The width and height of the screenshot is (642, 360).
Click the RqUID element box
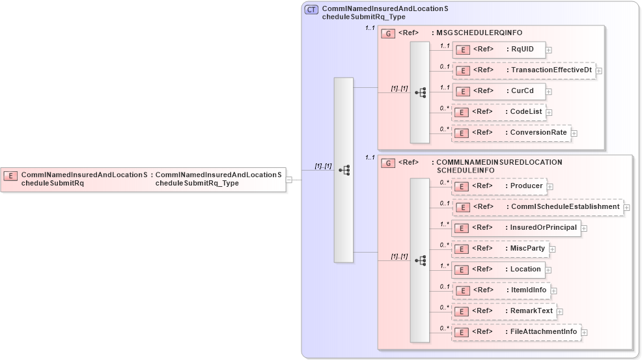tap(499, 49)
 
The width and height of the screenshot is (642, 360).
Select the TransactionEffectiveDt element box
tap(524, 70)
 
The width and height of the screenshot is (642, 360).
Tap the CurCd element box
tap(499, 91)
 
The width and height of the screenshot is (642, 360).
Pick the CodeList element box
tap(499, 112)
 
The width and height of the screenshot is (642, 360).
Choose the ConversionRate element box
tap(511, 133)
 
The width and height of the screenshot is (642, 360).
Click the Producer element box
tap(499, 186)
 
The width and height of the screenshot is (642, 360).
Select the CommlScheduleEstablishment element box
tap(538, 207)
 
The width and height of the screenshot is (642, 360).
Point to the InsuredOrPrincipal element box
tap(516, 228)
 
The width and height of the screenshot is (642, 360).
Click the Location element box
tap(498, 270)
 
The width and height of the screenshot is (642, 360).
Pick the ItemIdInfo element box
tap(501, 290)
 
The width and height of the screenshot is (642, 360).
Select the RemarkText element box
tap(504, 311)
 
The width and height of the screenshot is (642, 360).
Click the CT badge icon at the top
tap(312, 10)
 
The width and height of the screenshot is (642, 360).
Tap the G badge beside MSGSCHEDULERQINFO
tap(388, 33)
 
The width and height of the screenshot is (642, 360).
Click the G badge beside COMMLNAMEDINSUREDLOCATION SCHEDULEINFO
tap(388, 163)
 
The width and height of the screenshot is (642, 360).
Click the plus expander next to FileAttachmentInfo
tap(584, 333)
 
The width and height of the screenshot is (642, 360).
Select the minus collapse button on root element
tap(289, 180)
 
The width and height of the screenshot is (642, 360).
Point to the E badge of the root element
tap(11, 176)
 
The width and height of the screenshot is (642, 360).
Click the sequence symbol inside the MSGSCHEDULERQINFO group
tap(420, 92)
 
